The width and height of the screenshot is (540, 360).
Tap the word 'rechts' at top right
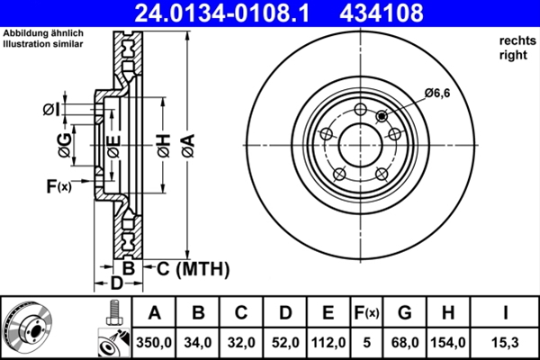point(513,41)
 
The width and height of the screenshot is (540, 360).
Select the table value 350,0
point(154,341)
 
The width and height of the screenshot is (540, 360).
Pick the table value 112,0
point(327,341)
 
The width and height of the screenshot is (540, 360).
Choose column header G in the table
point(404,313)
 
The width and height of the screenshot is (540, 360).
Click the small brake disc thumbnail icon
point(27,328)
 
